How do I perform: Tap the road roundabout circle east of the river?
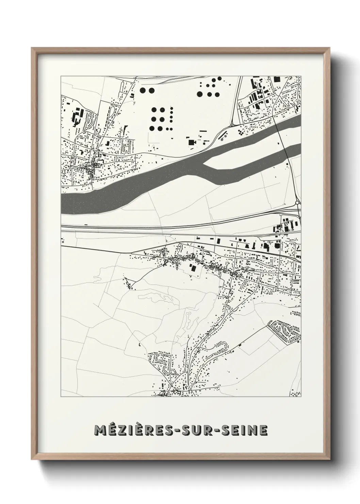click(x=297, y=203)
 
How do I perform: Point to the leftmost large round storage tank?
click(x=143, y=91)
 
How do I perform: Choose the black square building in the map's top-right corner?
click(x=277, y=79)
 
